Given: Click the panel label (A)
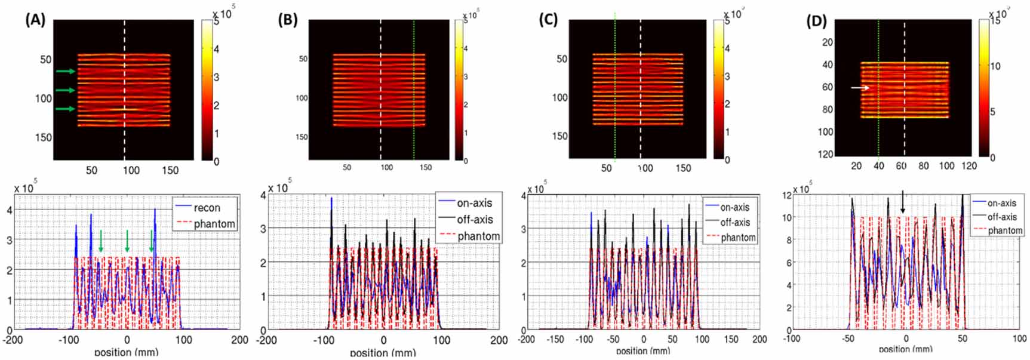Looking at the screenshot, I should pyautogui.click(x=35, y=20).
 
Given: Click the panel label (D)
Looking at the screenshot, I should pyautogui.click(x=816, y=21).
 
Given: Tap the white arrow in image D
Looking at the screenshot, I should pyautogui.click(x=860, y=88).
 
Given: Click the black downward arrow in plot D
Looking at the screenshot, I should pyautogui.click(x=902, y=203).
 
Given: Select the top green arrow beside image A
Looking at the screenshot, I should pyautogui.click(x=66, y=72).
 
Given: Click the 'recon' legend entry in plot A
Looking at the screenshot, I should pyautogui.click(x=207, y=208).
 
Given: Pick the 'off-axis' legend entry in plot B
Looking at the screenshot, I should pyautogui.click(x=475, y=220).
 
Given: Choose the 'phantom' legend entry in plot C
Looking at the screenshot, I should pyautogui.click(x=738, y=238).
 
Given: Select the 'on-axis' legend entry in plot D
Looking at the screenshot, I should pyautogui.click(x=1001, y=203).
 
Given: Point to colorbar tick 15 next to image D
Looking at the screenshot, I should pyautogui.click(x=995, y=21).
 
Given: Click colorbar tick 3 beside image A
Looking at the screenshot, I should pyautogui.click(x=216, y=77).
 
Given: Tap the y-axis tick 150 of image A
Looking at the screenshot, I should pyautogui.click(x=44, y=137).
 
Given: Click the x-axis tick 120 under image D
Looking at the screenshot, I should pyautogui.click(x=969, y=166).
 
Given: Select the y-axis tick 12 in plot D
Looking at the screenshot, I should pyautogui.click(x=788, y=195).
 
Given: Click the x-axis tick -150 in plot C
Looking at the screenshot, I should pyautogui.click(x=556, y=339).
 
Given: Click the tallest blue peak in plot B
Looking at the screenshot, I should pyautogui.click(x=331, y=200).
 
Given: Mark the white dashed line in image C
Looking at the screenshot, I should pyautogui.click(x=641, y=90).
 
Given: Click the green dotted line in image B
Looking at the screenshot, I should pyautogui.click(x=414, y=90).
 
